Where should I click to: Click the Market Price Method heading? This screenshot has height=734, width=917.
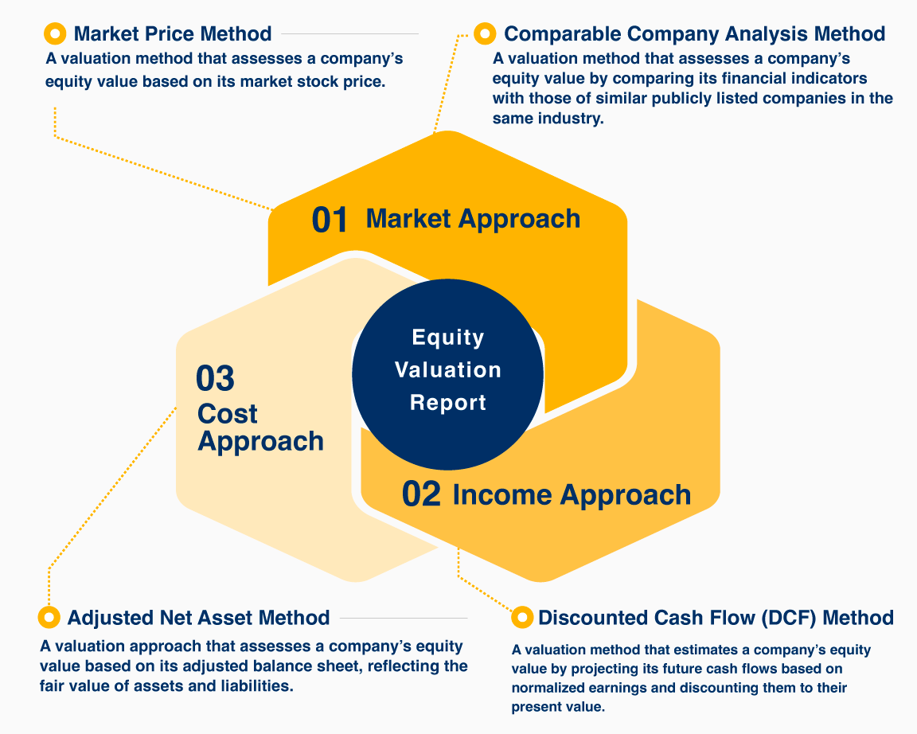[173, 34]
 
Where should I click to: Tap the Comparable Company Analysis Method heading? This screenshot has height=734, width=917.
[694, 34]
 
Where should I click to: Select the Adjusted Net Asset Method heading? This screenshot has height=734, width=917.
[199, 618]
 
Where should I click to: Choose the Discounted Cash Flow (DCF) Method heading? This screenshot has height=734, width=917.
[716, 618]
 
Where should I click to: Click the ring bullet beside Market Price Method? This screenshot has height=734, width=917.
[55, 34]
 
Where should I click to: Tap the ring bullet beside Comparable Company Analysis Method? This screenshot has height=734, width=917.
[485, 34]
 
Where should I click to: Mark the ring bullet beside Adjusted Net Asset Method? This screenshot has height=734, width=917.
[49, 617]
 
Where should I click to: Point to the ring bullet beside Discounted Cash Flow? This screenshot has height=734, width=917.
[521, 617]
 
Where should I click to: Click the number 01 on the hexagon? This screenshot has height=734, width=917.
[330, 220]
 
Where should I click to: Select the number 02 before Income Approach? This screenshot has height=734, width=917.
[421, 494]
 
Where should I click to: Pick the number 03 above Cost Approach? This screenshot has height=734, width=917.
[215, 378]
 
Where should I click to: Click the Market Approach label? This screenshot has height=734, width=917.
[473, 219]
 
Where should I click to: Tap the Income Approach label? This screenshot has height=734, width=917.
[572, 495]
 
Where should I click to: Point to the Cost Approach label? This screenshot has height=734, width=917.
[260, 428]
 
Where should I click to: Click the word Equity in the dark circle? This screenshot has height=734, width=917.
[448, 338]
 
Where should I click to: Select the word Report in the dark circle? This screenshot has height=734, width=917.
[448, 402]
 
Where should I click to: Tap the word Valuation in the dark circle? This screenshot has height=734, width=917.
[448, 369]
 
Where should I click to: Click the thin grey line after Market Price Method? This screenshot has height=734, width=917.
[349, 34]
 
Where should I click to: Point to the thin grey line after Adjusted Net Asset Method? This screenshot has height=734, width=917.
[404, 618]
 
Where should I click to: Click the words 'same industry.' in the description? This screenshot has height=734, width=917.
[548, 119]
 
